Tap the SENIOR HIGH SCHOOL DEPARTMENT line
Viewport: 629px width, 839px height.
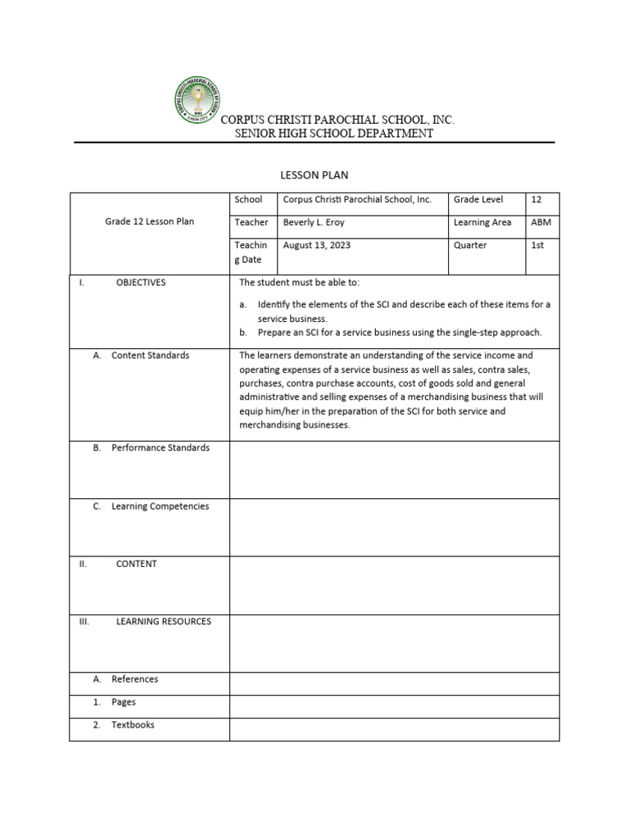point(334,134)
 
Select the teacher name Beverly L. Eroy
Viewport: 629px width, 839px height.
point(314,222)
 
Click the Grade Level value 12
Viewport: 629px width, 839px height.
point(536,199)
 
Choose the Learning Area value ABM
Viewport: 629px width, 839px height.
point(541,222)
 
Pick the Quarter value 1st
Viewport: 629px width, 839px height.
point(537,245)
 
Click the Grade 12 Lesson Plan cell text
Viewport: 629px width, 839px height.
point(149,222)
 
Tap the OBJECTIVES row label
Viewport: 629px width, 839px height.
point(140,283)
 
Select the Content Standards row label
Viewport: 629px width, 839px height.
point(150,356)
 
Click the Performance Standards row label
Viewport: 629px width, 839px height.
point(161,448)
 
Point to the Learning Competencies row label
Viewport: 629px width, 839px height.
point(160,506)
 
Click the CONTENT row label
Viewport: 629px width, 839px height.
point(136,565)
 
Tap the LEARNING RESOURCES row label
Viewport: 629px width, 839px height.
point(163,622)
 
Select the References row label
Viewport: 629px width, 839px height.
point(135,679)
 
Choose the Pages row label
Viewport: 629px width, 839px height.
point(124,702)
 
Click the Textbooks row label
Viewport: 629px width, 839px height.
point(133,725)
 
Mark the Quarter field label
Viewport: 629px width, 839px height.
point(470,245)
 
